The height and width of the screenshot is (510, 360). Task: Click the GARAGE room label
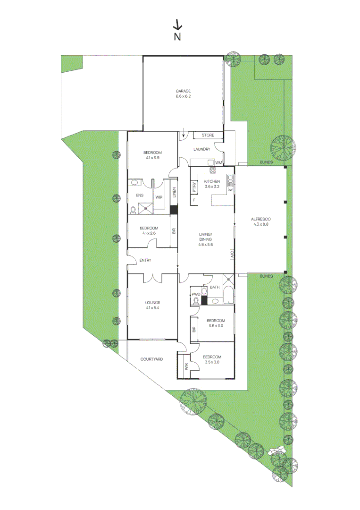pos(183,91)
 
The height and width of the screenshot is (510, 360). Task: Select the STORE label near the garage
pos(208,136)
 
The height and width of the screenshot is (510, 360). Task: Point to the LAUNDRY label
pos(201,150)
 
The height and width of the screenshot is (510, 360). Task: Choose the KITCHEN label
pos(212,182)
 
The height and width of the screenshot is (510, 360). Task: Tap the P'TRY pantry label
pos(194,188)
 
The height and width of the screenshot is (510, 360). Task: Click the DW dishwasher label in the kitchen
pos(231,190)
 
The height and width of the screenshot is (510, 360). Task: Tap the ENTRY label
pos(145,260)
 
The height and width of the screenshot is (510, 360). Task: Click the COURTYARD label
pos(152,359)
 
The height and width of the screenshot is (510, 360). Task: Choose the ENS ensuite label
pos(140,195)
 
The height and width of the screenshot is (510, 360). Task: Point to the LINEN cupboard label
pos(174,193)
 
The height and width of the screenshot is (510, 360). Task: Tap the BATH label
pos(215,287)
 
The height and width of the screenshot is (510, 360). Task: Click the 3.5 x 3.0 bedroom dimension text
pos(212,362)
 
